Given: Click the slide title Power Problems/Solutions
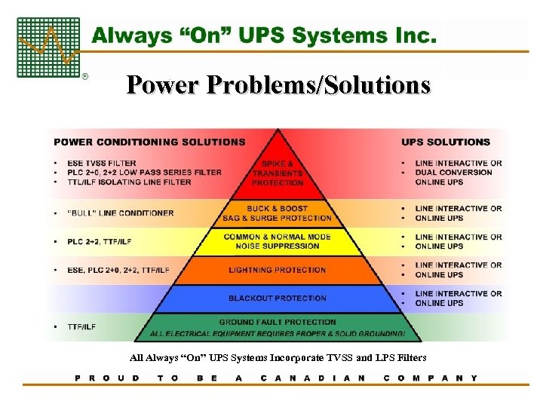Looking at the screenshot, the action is [x=278, y=84].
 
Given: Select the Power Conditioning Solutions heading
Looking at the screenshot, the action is [x=149, y=142].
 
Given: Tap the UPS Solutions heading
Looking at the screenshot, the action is [x=446, y=142].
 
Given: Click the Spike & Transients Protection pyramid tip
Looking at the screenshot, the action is [x=278, y=173].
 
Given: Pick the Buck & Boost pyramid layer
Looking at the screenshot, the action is [x=277, y=213].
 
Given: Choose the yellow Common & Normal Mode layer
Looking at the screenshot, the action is [x=277, y=241].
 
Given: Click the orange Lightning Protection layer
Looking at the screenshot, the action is [x=277, y=270].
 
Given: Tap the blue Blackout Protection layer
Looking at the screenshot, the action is [x=277, y=298].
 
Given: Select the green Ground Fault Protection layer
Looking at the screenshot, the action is [x=277, y=327].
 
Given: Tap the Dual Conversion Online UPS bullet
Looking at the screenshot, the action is [x=453, y=172].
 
